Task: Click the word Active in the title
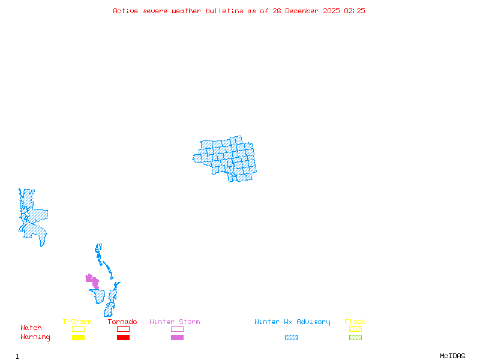click(x=125, y=11)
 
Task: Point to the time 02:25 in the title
click(x=354, y=11)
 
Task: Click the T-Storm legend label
click(x=77, y=322)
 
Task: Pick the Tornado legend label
click(x=122, y=322)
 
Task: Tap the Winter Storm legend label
click(x=175, y=322)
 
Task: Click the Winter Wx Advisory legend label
click(x=292, y=322)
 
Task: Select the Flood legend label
click(x=355, y=322)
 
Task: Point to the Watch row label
click(x=31, y=328)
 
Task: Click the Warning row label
click(x=35, y=337)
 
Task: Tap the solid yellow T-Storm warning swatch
click(x=78, y=337)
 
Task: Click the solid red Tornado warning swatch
click(x=123, y=337)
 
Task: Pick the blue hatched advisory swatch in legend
click(x=291, y=337)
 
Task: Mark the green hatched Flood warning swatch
click(x=355, y=337)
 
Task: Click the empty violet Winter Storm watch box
click(x=177, y=329)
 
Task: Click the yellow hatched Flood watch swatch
click(x=355, y=329)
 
